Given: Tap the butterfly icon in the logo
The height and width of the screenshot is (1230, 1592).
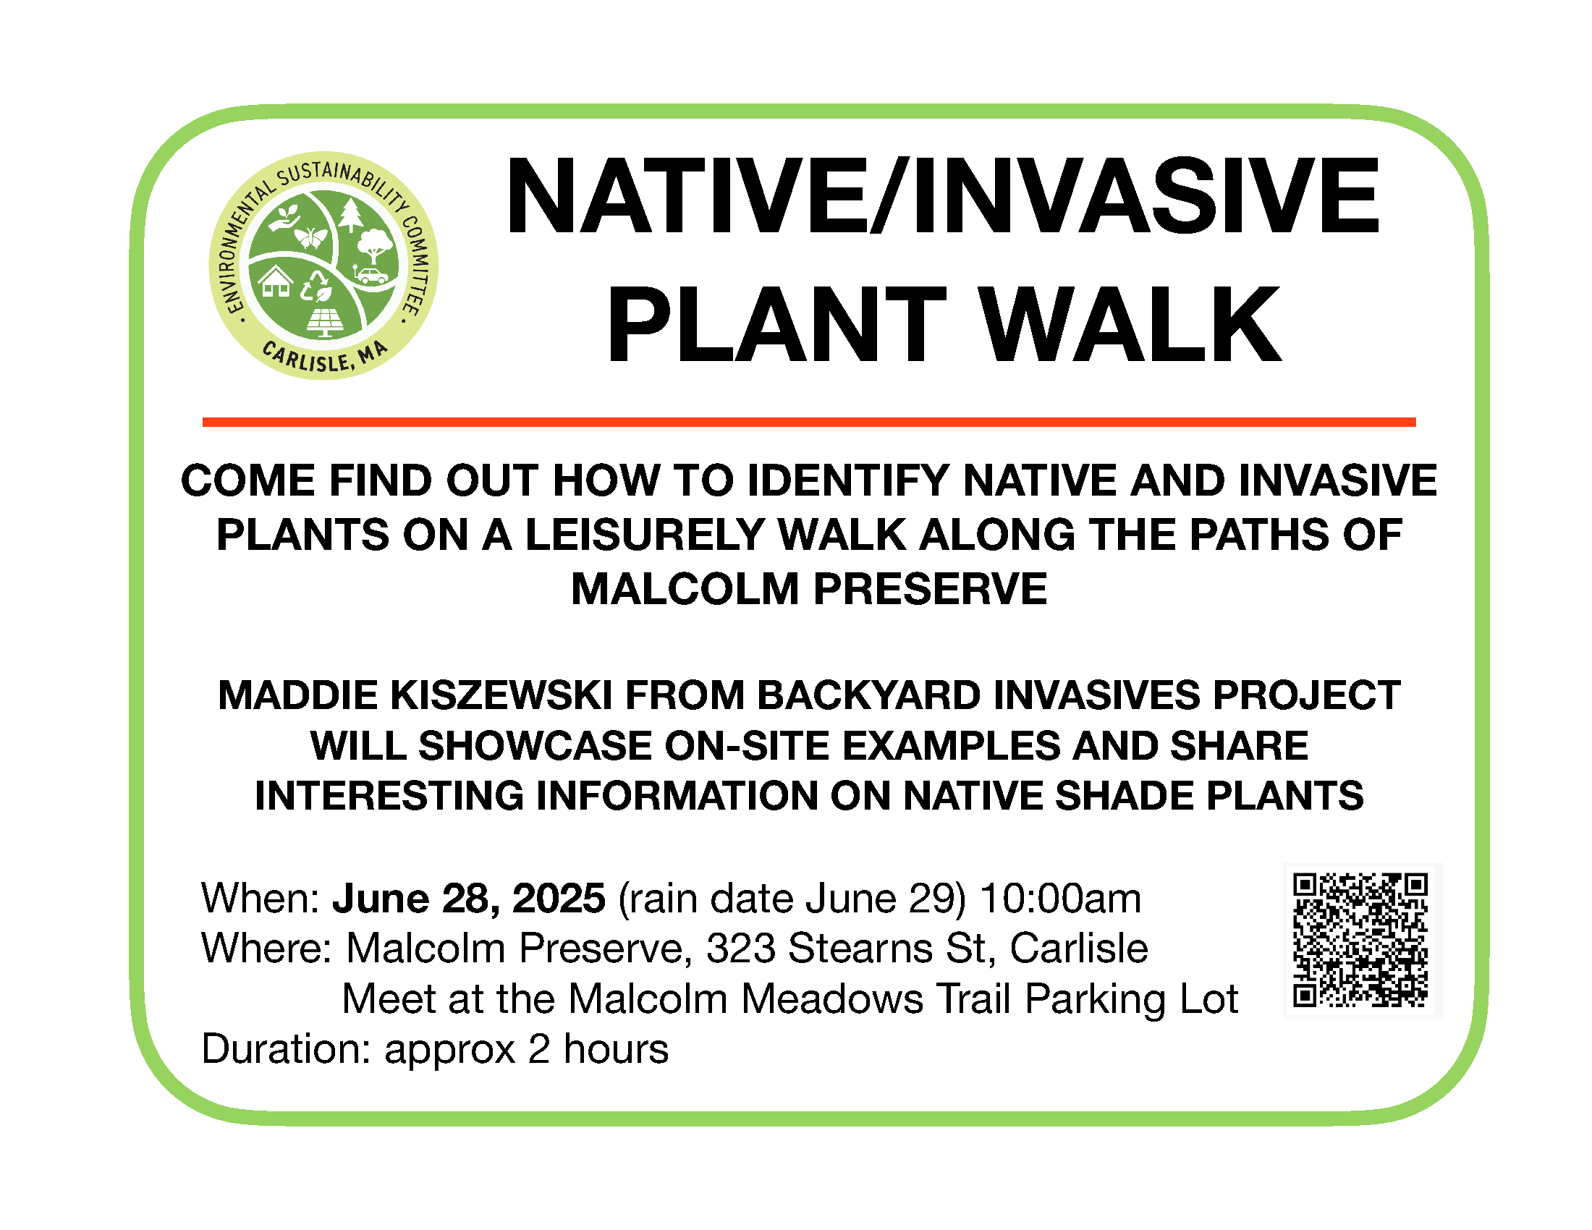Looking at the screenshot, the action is (310, 237).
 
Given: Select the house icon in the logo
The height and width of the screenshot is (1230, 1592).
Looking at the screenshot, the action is (276, 281).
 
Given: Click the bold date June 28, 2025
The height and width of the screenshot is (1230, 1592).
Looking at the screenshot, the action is (469, 898).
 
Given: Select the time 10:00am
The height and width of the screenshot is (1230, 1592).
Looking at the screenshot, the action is (1061, 898).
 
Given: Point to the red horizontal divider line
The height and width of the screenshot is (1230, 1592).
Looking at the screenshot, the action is (809, 422).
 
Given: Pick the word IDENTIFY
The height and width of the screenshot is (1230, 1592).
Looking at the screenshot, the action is (848, 481).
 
